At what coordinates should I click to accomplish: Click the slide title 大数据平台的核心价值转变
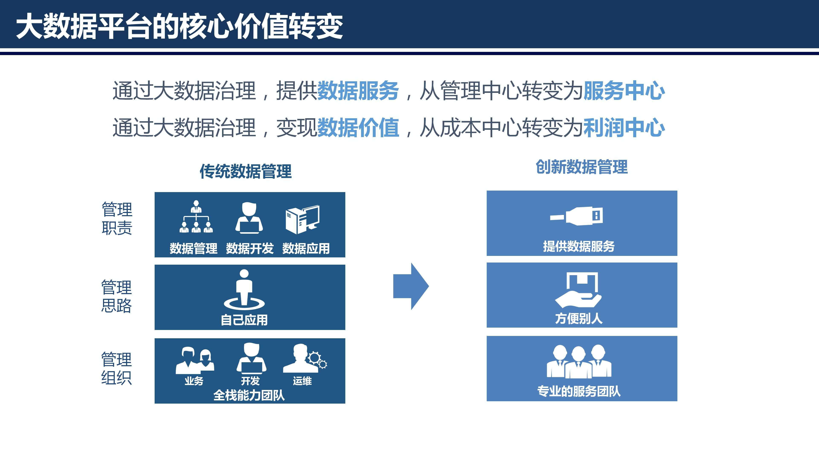[179, 26]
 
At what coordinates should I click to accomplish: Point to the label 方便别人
[579, 318]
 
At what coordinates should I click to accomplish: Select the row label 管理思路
[116, 296]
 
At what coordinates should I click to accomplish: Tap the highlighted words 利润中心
[624, 128]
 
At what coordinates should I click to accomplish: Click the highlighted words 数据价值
[358, 128]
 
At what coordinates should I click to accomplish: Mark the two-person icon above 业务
[195, 360]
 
